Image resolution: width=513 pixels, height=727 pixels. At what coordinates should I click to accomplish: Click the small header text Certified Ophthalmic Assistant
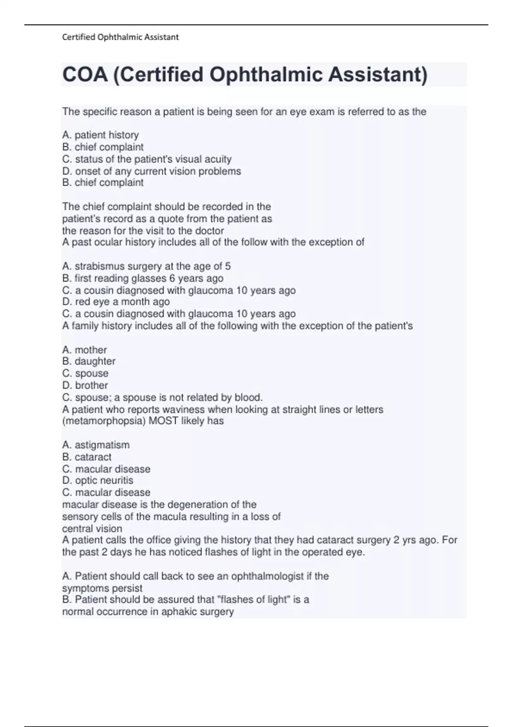click(120, 37)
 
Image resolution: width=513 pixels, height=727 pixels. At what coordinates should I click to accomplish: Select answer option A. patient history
click(100, 135)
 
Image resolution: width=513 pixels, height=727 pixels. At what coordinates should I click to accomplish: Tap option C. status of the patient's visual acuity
click(147, 159)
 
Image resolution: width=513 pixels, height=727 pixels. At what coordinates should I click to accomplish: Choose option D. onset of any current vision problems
click(151, 171)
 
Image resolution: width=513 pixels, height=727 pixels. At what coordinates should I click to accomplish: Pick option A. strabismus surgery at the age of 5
click(146, 266)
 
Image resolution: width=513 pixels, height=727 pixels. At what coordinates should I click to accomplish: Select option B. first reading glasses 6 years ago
click(143, 278)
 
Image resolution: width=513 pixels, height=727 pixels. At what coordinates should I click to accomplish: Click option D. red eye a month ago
click(116, 301)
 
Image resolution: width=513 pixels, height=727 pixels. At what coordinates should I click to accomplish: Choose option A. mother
click(84, 350)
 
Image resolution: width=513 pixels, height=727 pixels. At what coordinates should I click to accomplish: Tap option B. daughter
click(88, 361)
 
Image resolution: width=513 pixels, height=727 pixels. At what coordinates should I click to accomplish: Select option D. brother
click(85, 385)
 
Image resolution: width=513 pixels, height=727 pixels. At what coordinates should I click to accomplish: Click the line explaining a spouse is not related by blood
click(162, 397)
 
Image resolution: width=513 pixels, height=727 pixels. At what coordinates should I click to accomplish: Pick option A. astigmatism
click(96, 445)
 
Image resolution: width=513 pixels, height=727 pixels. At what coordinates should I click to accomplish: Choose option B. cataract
click(87, 457)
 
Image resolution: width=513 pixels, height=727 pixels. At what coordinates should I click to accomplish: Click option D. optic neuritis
click(97, 480)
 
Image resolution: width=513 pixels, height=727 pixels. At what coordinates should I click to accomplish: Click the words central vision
click(92, 529)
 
